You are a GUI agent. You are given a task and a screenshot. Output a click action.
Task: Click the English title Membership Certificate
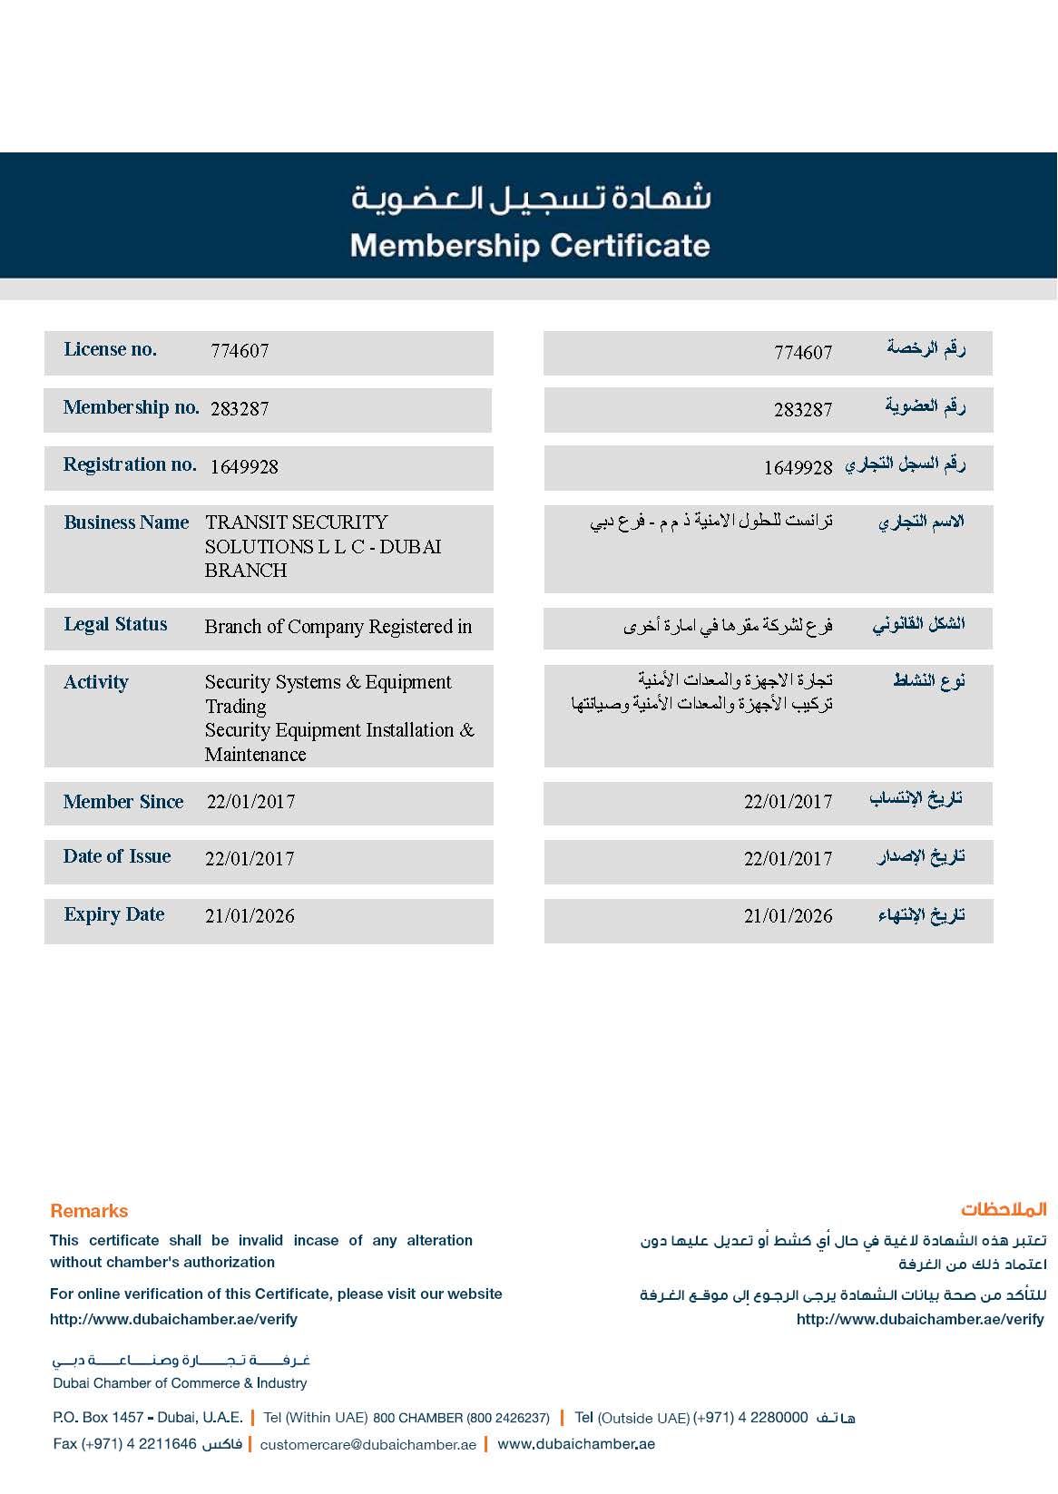point(530,246)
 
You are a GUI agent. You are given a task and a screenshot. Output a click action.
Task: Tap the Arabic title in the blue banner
point(531,198)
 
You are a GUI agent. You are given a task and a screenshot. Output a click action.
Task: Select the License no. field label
point(110,349)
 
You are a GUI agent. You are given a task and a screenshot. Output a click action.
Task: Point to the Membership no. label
point(132,407)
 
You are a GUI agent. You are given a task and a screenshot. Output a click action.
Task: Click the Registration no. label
point(130,464)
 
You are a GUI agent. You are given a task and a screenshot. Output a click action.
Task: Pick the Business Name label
point(126,522)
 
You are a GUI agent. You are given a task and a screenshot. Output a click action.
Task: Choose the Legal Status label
point(115,624)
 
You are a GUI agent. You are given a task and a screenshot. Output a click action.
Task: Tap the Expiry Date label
point(114,914)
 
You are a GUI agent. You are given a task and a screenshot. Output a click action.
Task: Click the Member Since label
point(123,802)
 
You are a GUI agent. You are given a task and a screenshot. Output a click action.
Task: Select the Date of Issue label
point(117,856)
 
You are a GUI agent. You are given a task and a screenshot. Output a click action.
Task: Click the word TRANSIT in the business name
point(242,522)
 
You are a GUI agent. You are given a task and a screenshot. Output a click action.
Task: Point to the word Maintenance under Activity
point(255,755)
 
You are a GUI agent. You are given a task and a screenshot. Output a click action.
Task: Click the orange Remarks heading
point(89,1211)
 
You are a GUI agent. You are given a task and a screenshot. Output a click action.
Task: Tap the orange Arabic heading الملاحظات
point(1004,1210)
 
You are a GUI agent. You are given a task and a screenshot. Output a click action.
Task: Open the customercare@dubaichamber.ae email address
point(367,1445)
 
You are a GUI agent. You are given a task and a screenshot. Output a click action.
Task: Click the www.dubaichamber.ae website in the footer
point(576,1444)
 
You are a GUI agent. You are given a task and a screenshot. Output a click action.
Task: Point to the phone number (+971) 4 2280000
point(750,1418)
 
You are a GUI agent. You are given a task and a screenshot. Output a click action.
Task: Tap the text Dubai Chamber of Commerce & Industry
point(180,1383)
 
